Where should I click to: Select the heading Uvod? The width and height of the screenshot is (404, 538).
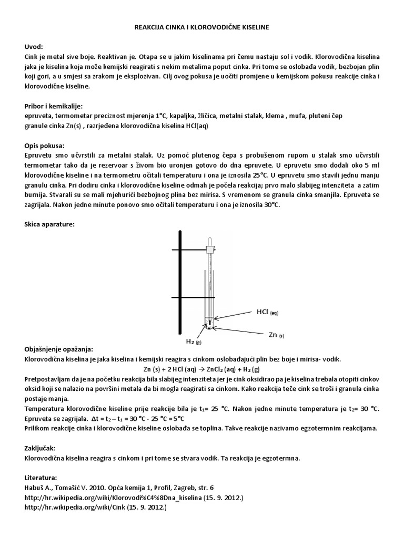[35, 46]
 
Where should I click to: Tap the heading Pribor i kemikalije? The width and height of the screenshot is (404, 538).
[54, 106]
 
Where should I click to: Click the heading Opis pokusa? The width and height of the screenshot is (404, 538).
[44, 145]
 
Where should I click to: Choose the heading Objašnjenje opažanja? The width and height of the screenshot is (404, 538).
[59, 349]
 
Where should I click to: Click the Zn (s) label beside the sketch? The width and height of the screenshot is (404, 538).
[275, 334]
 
